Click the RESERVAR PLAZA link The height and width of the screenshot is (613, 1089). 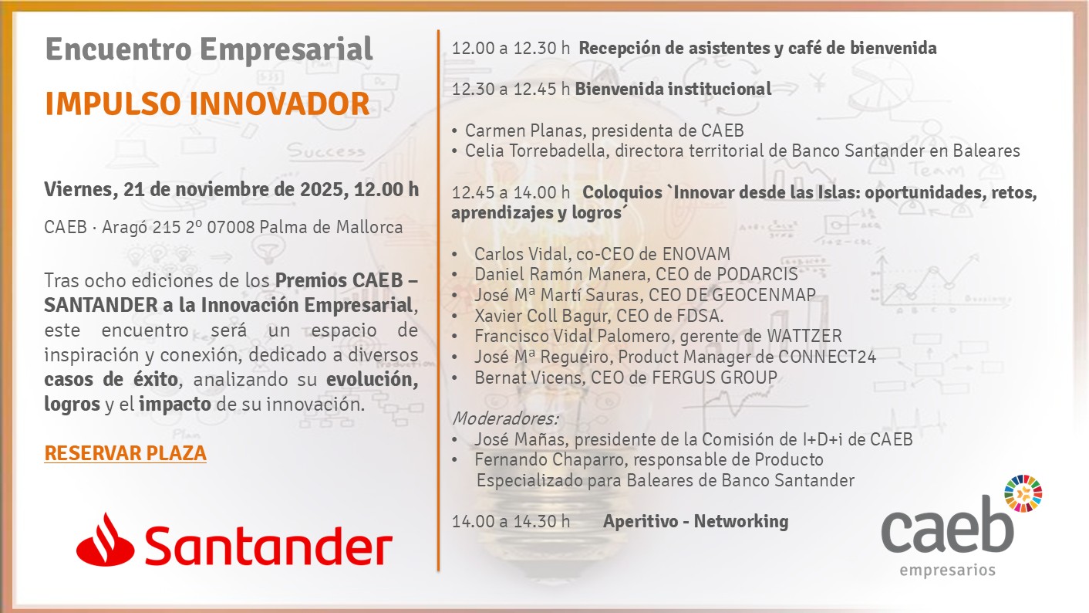[126, 453]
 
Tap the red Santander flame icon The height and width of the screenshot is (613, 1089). [106, 540]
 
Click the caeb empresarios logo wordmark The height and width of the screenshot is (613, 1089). [947, 535]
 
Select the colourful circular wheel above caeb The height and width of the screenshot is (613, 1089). [1023, 493]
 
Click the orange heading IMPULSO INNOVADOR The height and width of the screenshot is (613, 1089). [207, 103]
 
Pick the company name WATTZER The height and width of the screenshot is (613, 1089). [804, 336]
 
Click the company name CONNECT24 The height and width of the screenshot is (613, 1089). [827, 357]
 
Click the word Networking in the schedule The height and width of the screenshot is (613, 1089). [741, 522]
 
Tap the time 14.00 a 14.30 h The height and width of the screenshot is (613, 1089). [511, 522]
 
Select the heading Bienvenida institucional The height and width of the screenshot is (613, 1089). [673, 89]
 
